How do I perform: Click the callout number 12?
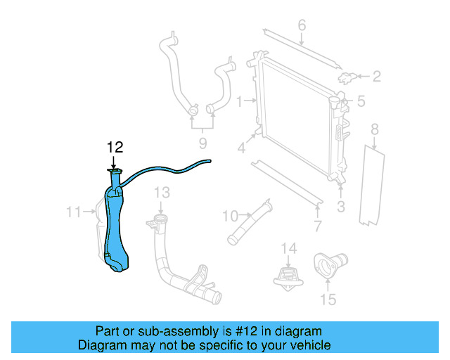click(x=115, y=147)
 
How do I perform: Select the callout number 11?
click(x=74, y=212)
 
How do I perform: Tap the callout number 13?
click(x=162, y=192)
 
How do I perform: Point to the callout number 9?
click(x=202, y=144)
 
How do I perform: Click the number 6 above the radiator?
click(x=302, y=26)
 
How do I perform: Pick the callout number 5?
click(x=361, y=102)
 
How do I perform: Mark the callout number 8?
click(x=375, y=129)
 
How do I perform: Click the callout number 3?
click(x=341, y=206)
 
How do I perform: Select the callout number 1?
click(x=240, y=102)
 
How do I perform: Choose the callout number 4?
click(x=241, y=148)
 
